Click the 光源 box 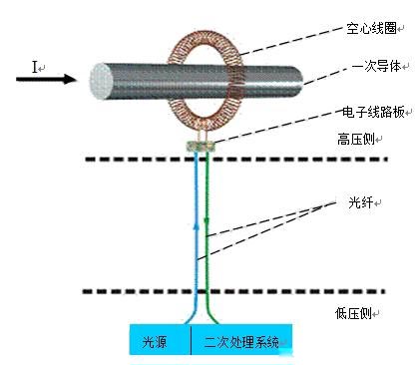(159, 341)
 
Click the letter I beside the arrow (36, 67)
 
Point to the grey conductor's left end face (102, 80)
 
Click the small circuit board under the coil (203, 146)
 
